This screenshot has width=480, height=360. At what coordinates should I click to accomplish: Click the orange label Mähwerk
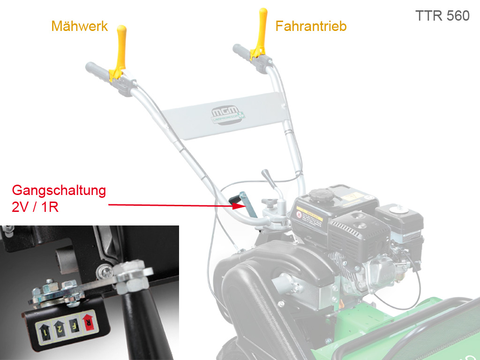[x=80, y=26]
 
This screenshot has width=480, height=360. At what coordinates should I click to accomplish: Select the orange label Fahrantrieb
[x=311, y=26]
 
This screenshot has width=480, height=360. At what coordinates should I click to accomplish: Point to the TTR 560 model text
[x=442, y=15]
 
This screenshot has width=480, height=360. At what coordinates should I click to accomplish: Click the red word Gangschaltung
[x=59, y=191]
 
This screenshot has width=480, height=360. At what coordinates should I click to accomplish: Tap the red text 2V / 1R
[x=36, y=207]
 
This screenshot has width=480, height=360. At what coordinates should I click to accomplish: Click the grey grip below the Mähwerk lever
[x=98, y=72]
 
